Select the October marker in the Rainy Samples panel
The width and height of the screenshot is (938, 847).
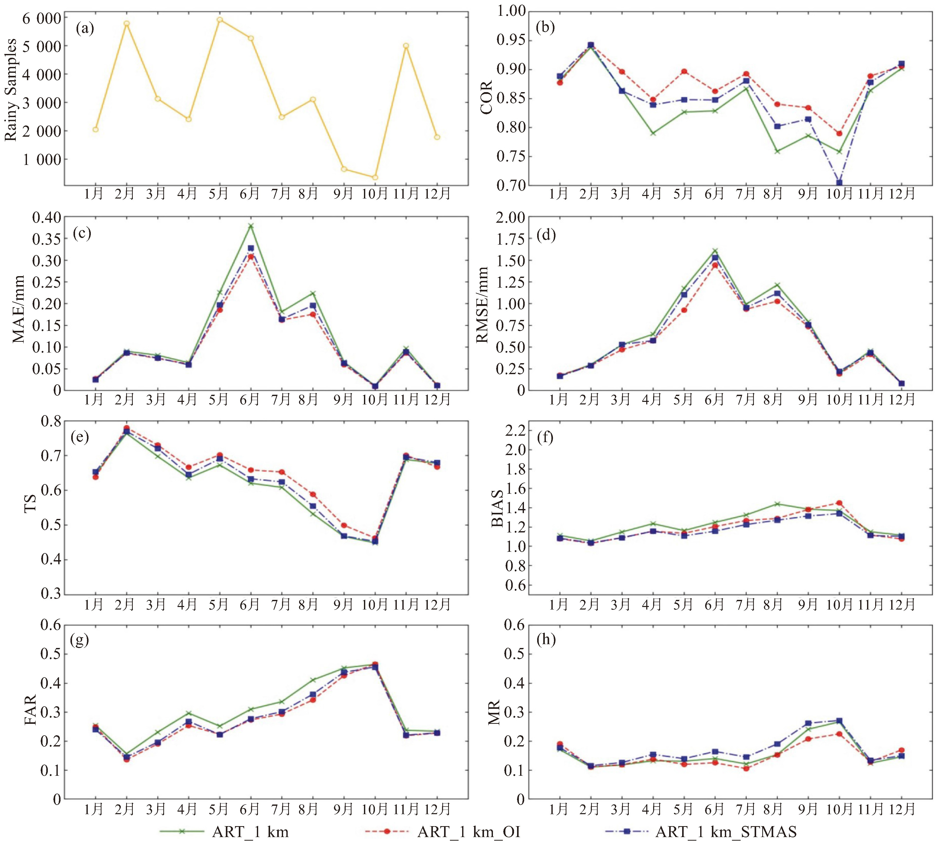click(375, 177)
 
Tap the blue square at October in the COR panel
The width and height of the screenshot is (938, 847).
click(839, 183)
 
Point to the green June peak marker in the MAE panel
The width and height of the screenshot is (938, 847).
click(251, 226)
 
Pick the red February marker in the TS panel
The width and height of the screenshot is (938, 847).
click(126, 428)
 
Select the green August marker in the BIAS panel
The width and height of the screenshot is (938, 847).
click(777, 504)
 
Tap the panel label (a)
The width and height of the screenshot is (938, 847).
click(85, 29)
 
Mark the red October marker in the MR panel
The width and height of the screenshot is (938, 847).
click(839, 734)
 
